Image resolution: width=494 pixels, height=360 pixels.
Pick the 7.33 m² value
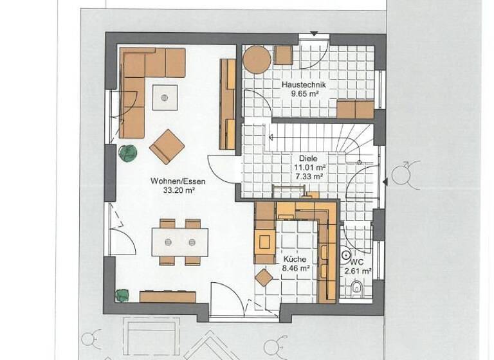point(309,175)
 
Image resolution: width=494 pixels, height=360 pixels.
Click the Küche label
point(294,260)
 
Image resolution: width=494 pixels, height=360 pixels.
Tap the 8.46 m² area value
point(297,269)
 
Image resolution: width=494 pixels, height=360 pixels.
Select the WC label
point(357,262)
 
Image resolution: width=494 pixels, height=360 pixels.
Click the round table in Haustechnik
point(257,60)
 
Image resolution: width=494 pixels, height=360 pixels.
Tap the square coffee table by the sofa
point(165,98)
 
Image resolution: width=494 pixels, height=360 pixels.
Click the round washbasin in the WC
point(346,255)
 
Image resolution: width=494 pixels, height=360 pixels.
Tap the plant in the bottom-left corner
point(122,295)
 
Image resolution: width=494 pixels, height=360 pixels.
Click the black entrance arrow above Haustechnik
point(314,33)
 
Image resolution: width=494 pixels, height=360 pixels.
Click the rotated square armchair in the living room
point(167,147)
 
